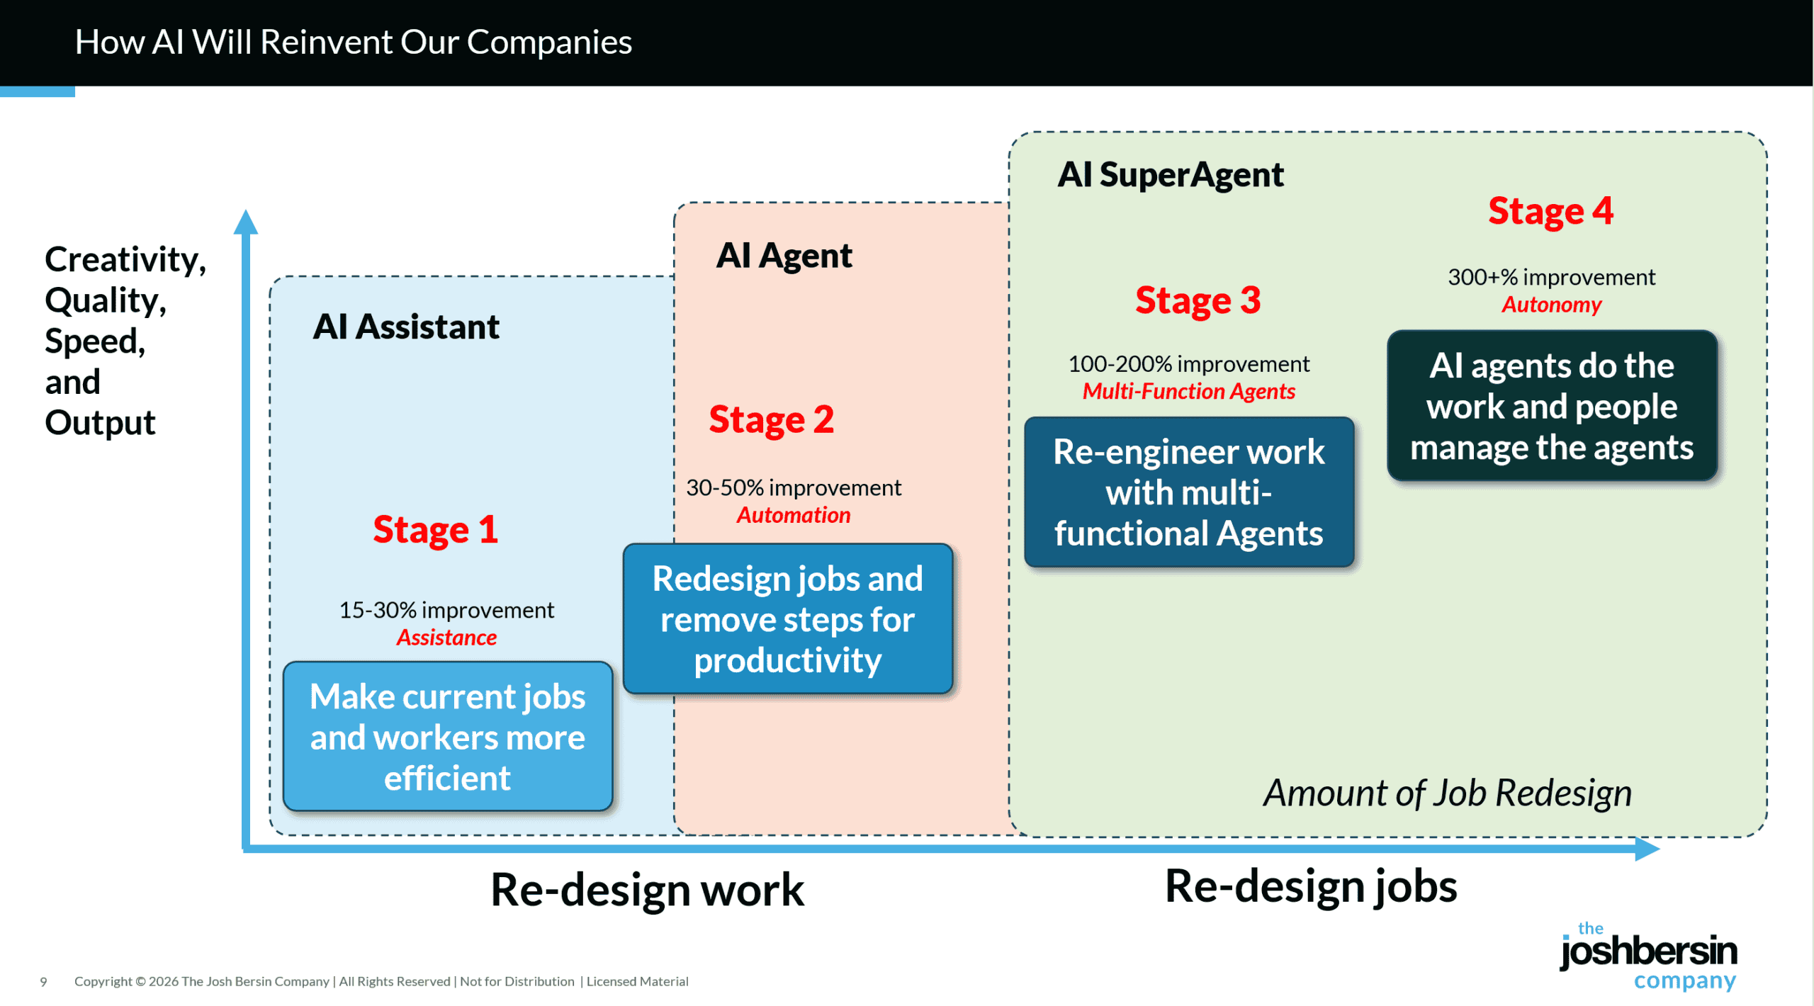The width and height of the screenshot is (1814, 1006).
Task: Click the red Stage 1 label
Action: click(435, 530)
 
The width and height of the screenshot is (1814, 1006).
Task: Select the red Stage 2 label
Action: click(771, 419)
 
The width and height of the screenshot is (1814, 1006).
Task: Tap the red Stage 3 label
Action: click(1198, 300)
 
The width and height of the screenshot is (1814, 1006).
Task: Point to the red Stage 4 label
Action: click(1550, 211)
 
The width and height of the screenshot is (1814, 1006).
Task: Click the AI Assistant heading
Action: click(406, 327)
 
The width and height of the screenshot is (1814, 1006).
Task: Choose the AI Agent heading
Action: click(784, 255)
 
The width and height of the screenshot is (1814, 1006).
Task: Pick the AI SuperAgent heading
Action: click(1170, 174)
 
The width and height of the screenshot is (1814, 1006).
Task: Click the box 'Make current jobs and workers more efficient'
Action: click(447, 737)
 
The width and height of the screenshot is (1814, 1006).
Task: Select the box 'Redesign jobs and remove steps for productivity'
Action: click(787, 619)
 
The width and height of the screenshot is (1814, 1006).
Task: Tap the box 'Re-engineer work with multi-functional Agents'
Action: click(1188, 492)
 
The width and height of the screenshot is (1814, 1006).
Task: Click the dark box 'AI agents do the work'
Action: click(1551, 407)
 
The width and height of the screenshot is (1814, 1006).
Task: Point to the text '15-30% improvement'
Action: click(446, 610)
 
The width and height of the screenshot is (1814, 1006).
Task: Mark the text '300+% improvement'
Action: click(1551, 277)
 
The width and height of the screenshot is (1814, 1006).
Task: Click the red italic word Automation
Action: click(793, 515)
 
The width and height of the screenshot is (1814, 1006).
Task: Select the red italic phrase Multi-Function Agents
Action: click(1188, 391)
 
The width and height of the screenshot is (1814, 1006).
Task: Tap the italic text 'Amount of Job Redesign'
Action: click(1447, 793)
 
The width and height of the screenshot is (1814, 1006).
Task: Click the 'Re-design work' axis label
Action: click(647, 890)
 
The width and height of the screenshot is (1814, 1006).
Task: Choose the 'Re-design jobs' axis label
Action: click(1310, 887)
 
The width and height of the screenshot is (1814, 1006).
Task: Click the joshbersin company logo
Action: click(1647, 956)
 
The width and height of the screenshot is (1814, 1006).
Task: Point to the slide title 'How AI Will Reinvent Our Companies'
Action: click(353, 42)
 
